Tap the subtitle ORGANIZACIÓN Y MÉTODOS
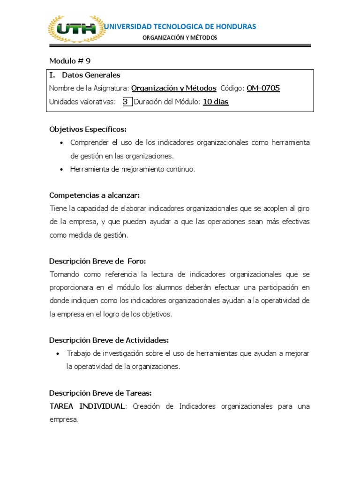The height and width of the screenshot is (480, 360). pos(180,38)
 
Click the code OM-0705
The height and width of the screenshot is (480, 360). pos(263,88)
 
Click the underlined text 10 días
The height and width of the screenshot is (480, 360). pos(216,102)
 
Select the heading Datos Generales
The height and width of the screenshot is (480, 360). pos(91,75)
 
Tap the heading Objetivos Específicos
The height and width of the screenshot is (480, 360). pos(88,129)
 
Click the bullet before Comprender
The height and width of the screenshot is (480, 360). pos(62,142)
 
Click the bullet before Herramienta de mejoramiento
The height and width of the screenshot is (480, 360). pos(62,170)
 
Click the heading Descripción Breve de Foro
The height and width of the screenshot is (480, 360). pos(101,261)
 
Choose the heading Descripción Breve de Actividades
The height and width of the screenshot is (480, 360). pos(109,340)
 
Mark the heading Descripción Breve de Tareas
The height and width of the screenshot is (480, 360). pos(100,393)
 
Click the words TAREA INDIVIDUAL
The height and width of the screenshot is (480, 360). pos(87,406)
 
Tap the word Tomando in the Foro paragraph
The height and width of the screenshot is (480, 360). pos(65,274)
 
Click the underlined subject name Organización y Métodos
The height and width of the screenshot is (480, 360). pos(173,88)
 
